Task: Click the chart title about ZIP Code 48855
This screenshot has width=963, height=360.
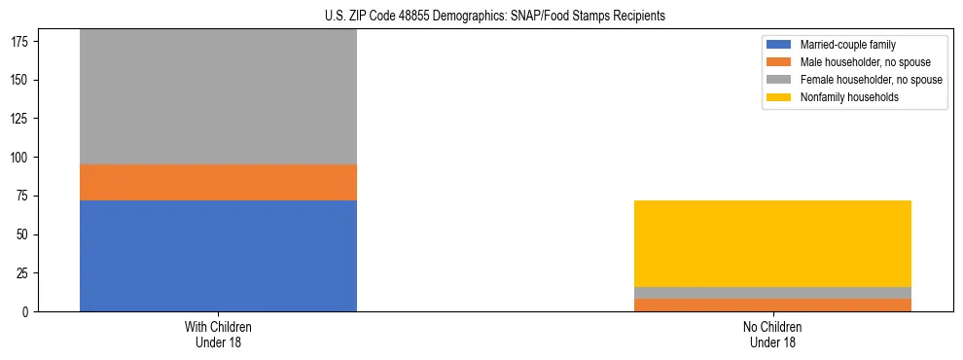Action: [495, 17]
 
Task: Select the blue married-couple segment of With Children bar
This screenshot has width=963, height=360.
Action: [218, 256]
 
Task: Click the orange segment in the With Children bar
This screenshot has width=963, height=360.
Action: [218, 182]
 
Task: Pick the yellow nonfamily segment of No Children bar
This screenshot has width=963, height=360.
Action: [772, 243]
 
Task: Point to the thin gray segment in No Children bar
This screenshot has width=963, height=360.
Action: [772, 293]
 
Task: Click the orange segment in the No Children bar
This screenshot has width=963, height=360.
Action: [772, 306]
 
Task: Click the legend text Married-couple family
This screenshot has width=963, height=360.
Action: [847, 45]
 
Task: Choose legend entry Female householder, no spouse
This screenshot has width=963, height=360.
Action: [871, 80]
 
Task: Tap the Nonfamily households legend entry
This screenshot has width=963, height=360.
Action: [849, 97]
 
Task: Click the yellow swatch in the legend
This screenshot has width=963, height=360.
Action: [779, 97]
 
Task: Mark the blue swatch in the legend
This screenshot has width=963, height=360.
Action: [779, 45]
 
